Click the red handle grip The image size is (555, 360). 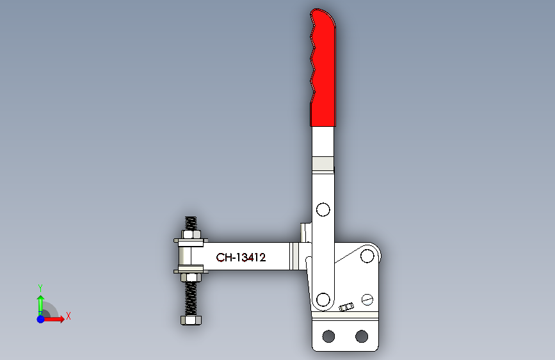[323, 70]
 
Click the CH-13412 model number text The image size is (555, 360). [241, 258]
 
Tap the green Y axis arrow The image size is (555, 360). [40, 303]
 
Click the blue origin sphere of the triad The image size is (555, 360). [40, 318]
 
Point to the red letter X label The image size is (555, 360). [68, 316]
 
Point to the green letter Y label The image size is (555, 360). [40, 288]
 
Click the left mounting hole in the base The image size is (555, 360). [329, 336]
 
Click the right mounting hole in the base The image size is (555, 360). [362, 336]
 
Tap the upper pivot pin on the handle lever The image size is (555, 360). [323, 209]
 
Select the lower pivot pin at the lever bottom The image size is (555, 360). [323, 299]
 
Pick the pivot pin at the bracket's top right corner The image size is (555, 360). [367, 256]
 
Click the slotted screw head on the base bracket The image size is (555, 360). [367, 299]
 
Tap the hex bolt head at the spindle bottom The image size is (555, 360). [191, 320]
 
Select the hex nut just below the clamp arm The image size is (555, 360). [191, 277]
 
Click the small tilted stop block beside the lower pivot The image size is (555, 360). [346, 307]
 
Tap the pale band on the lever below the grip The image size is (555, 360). [323, 165]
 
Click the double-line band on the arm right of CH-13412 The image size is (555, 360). [294, 257]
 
